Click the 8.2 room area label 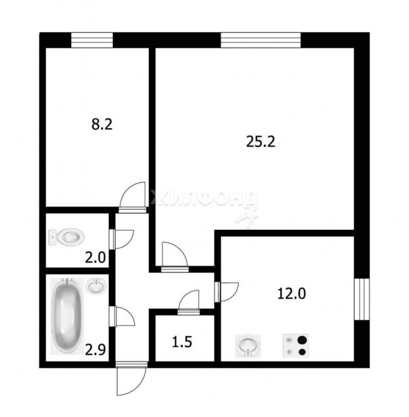click(x=102, y=124)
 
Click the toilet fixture click(x=67, y=238)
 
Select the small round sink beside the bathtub click(x=96, y=286)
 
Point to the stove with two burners click(x=297, y=346)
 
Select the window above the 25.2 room click(x=261, y=41)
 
